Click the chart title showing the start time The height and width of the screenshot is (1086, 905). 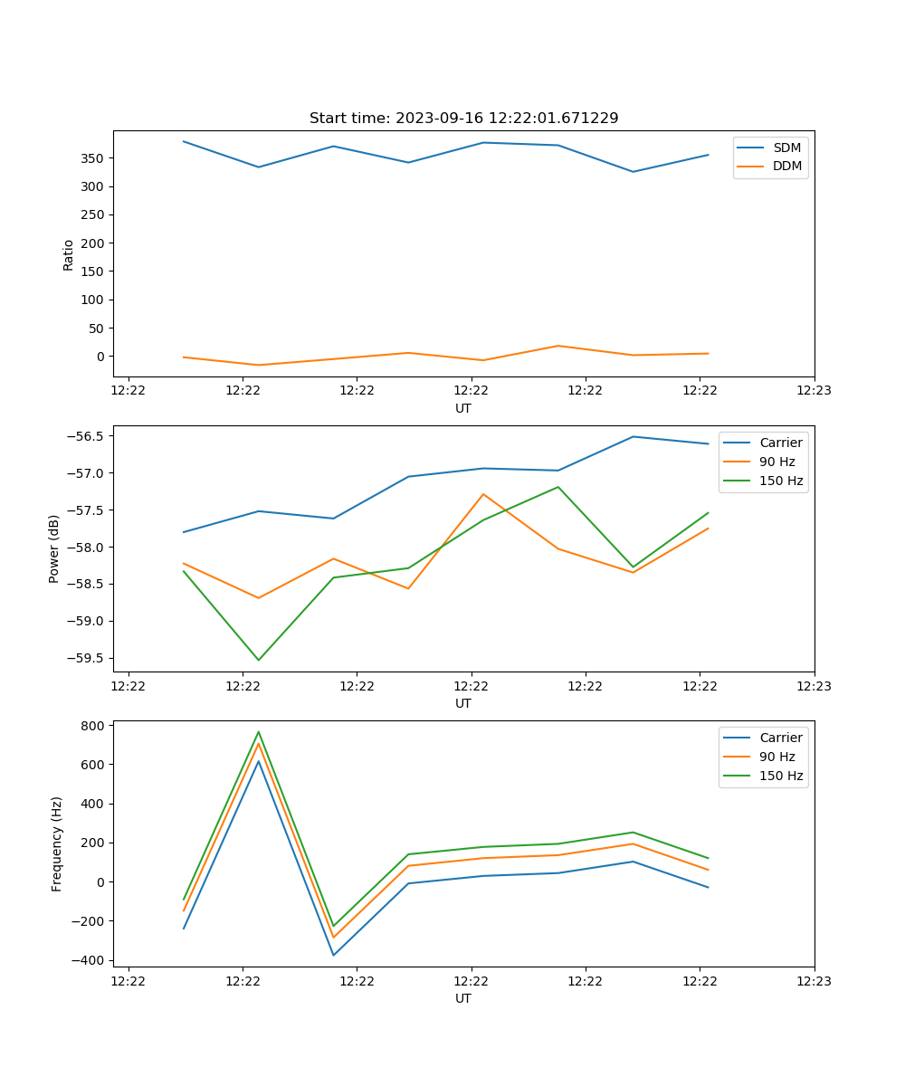(x=463, y=119)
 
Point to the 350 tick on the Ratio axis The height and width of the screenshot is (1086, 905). (x=91, y=158)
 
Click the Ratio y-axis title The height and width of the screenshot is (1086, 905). (x=69, y=254)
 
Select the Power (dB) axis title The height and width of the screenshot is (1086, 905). (x=55, y=548)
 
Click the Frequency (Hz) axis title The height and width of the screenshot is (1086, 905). (x=57, y=843)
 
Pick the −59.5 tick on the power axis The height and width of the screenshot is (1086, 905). (x=87, y=658)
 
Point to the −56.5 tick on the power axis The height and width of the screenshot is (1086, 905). (x=87, y=436)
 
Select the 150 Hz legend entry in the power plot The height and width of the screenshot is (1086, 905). (x=781, y=481)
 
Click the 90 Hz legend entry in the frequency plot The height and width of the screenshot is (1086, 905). (x=776, y=757)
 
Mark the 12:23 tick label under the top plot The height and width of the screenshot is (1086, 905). (x=814, y=391)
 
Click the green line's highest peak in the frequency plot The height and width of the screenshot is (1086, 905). (x=259, y=732)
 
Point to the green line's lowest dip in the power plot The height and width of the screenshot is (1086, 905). (x=259, y=660)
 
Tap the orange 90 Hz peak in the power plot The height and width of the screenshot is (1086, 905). (x=483, y=494)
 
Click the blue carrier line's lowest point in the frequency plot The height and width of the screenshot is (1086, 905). (x=333, y=955)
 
